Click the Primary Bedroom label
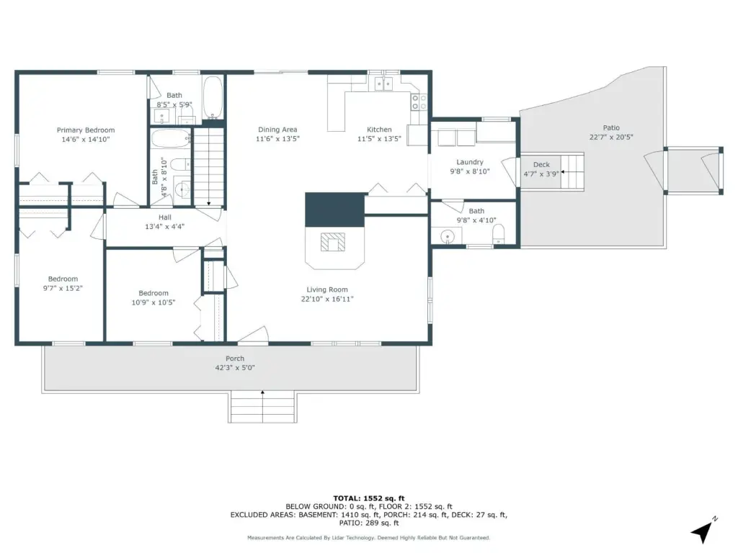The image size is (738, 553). [86, 130]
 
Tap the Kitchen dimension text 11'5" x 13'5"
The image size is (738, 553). [379, 139]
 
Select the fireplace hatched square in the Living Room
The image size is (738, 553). [333, 242]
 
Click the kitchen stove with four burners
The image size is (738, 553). [419, 102]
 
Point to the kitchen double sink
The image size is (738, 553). [383, 84]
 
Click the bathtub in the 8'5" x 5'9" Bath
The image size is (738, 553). [213, 98]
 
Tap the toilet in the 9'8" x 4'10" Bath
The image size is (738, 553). [499, 234]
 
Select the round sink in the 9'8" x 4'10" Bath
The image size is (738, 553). [447, 235]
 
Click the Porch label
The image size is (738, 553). [235, 359]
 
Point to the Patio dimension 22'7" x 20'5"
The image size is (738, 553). [611, 138]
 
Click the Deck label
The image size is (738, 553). [541, 165]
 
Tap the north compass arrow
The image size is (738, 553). [702, 531]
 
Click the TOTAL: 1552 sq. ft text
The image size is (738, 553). [369, 498]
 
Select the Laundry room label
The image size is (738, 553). [470, 162]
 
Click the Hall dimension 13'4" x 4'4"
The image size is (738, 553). [165, 227]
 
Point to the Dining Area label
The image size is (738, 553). [277, 130]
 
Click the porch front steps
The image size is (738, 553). [262, 407]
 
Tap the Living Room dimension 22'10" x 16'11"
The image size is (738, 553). [327, 299]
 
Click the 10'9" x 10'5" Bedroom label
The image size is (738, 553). [154, 294]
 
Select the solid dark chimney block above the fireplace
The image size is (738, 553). [334, 210]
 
